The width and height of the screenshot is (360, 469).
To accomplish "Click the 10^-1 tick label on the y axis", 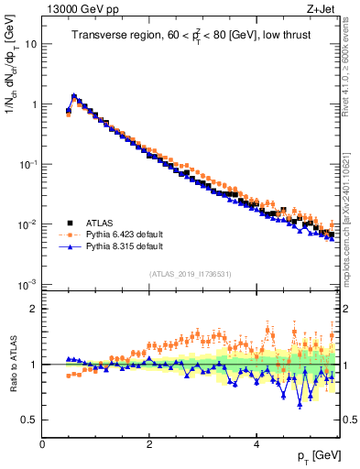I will (27, 164).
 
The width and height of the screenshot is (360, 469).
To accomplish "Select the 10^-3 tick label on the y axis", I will (27, 285).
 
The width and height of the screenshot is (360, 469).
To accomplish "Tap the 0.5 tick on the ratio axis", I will (27, 420).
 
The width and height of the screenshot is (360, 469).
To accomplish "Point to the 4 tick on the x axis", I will (256, 444).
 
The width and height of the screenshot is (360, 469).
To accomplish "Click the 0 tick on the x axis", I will (42, 444).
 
